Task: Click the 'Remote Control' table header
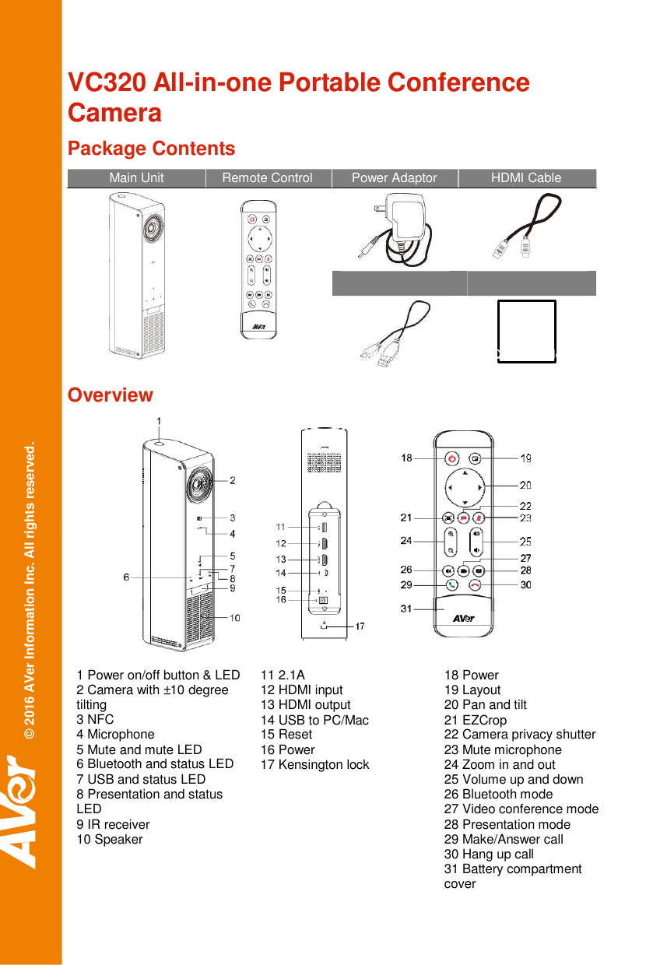click(267, 178)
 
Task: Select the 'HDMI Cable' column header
click(526, 178)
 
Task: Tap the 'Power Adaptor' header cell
click(394, 178)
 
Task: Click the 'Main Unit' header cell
click(136, 178)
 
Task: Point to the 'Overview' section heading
click(111, 395)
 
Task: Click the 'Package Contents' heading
click(151, 149)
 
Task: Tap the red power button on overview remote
click(452, 458)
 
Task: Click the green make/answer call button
click(451, 585)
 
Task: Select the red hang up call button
click(476, 585)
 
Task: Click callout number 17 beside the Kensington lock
click(360, 626)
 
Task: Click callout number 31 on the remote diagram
click(406, 609)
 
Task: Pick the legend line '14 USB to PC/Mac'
click(314, 720)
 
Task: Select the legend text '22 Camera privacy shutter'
click(519, 735)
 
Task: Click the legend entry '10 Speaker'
click(110, 840)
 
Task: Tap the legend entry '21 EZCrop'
click(475, 720)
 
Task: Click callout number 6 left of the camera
click(126, 577)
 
